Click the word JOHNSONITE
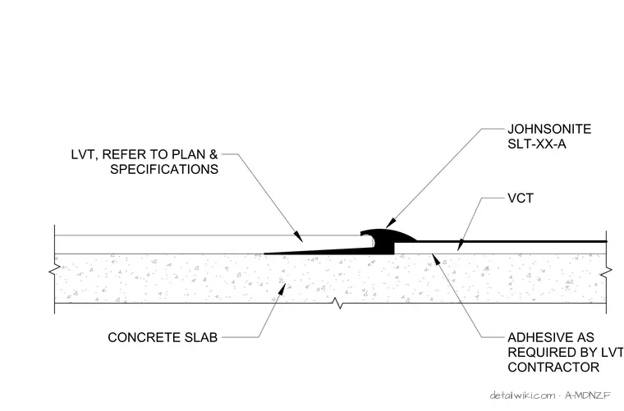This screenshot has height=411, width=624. [x=549, y=129]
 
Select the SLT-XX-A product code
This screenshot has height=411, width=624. [x=537, y=144]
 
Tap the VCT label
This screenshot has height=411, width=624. [x=521, y=198]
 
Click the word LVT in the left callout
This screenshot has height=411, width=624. [x=84, y=154]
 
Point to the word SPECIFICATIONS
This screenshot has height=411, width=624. [x=164, y=169]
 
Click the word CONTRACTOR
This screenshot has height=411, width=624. [x=553, y=368]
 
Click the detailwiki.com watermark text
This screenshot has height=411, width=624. [x=522, y=395]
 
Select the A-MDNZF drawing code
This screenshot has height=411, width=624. [x=588, y=395]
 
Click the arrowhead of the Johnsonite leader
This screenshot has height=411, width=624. [x=390, y=223]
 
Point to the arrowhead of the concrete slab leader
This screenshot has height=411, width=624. [x=282, y=289]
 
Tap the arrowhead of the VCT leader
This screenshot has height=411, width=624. [x=461, y=245]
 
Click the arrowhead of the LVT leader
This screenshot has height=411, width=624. [x=298, y=236]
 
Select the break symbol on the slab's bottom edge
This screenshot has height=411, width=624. [x=338, y=304]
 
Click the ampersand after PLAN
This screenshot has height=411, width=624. [x=213, y=154]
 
